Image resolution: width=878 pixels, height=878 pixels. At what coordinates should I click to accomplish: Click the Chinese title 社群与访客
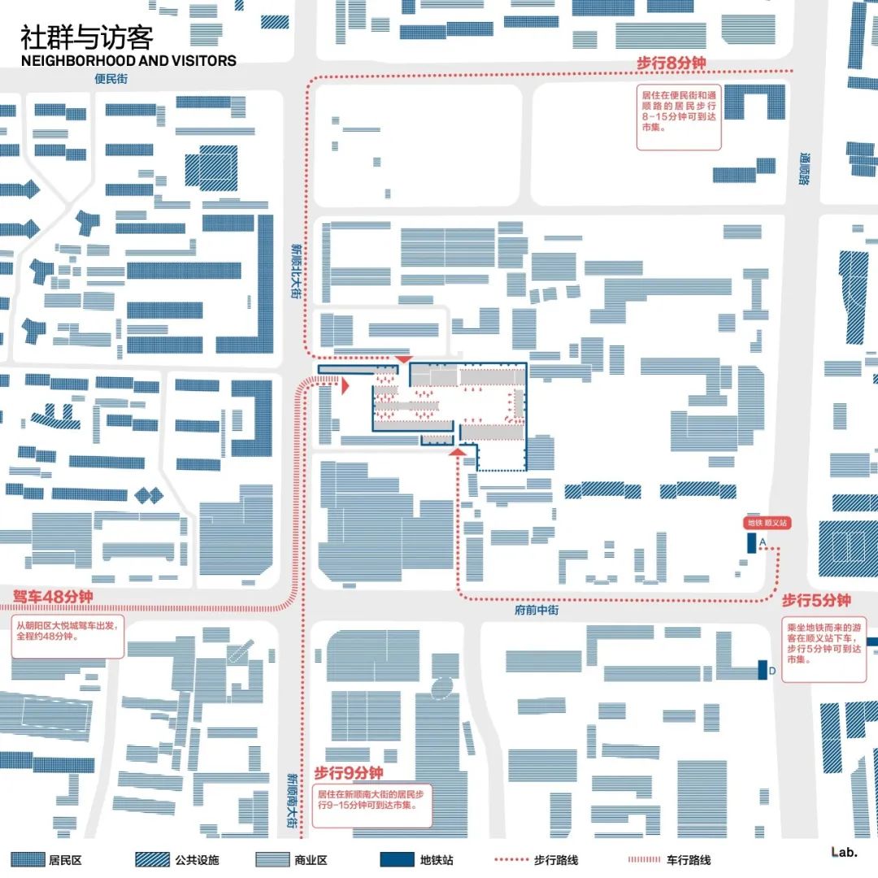click(86, 38)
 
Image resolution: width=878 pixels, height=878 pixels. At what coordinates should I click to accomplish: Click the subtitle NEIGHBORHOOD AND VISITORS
click(128, 61)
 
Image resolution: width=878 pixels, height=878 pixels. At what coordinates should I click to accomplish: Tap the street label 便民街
click(111, 80)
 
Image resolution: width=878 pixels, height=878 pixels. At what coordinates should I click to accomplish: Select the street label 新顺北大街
click(296, 272)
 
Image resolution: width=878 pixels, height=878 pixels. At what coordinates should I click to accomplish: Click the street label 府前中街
click(537, 610)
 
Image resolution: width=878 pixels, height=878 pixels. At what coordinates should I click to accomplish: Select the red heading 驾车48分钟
click(54, 598)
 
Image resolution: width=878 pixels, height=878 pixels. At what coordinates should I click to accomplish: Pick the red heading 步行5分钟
click(815, 601)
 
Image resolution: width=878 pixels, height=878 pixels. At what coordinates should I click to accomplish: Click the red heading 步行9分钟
click(349, 773)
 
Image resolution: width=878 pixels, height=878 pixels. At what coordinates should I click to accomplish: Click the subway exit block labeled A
click(752, 543)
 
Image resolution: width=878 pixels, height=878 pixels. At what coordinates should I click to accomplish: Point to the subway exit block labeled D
click(763, 669)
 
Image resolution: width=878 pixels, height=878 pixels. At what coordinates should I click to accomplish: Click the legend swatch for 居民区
click(25, 859)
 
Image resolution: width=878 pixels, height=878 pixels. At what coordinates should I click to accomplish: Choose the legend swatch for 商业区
click(273, 859)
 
